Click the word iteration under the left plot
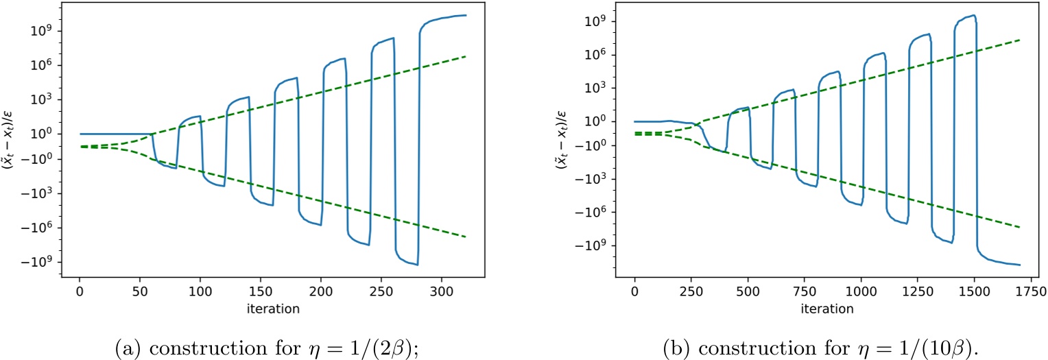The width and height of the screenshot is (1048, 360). (x=272, y=309)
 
